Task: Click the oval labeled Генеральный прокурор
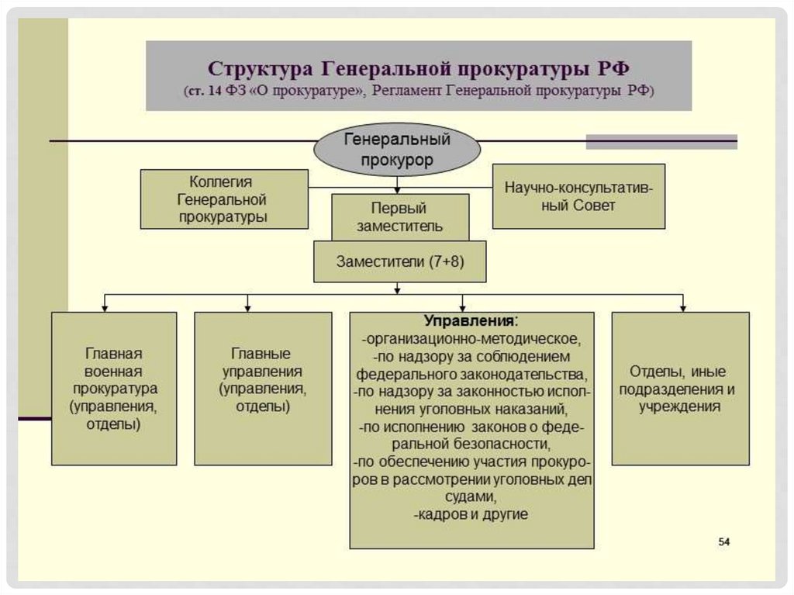(397, 150)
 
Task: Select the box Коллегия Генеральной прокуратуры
(223, 199)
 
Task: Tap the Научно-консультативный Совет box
(578, 196)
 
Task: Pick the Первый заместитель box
(399, 216)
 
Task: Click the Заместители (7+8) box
(399, 261)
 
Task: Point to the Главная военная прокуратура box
(114, 388)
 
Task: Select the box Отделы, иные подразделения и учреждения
(680, 388)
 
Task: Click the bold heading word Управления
(469, 321)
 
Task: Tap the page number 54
(724, 541)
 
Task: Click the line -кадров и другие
(471, 514)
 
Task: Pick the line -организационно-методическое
(471, 339)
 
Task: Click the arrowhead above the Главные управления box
(247, 307)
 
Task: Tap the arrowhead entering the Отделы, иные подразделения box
(682, 307)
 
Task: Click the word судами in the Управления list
(471, 496)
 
